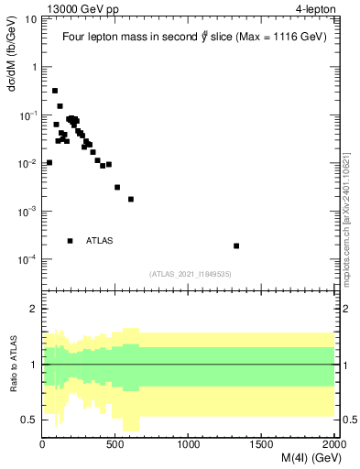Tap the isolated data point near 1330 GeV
pos(236,245)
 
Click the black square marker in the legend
pos(70,241)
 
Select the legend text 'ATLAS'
pos(99,241)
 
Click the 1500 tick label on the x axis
pos(262,444)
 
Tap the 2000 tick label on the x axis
pos(334,444)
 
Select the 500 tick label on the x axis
pos(115,444)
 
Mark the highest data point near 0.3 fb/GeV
pos(55,91)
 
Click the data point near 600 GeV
pos(131,199)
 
